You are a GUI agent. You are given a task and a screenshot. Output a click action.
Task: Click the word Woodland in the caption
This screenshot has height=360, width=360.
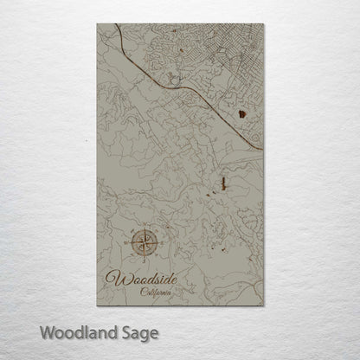74,331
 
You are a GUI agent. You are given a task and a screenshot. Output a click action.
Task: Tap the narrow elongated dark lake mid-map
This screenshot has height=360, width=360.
223,183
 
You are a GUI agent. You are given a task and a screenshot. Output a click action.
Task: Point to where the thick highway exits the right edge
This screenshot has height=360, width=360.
262,149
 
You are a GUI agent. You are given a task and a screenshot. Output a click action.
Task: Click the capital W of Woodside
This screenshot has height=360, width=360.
112,279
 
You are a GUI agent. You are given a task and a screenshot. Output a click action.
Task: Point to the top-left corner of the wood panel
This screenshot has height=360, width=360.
97,24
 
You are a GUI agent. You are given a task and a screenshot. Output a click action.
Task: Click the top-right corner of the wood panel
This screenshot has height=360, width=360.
263,24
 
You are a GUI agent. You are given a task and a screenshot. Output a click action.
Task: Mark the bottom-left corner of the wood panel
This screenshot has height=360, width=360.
97,305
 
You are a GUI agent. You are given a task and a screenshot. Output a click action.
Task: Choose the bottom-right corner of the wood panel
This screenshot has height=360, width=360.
263,305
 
